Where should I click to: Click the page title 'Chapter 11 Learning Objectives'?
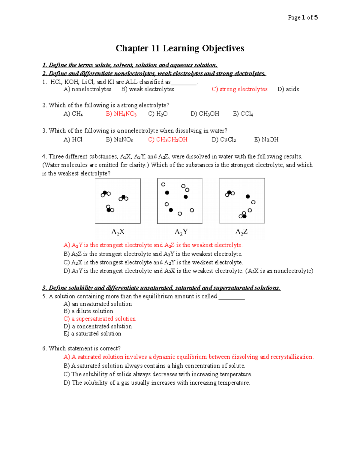point(180,48)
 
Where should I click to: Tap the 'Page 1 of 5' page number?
point(302,17)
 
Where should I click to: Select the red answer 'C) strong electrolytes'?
point(239,89)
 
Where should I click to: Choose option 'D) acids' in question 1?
point(288,89)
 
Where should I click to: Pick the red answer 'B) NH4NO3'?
point(121,114)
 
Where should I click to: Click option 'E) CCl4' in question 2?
point(243,114)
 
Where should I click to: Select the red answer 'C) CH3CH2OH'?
point(168,140)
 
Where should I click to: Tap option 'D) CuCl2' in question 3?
point(223,140)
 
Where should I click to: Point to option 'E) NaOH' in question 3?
point(266,140)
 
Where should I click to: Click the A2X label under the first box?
point(118,232)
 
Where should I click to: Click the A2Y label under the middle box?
point(181,232)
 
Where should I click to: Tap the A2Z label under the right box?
point(241,232)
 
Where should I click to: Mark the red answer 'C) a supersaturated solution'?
point(100,319)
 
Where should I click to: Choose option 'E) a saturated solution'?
point(92,334)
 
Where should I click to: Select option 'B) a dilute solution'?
point(88,311)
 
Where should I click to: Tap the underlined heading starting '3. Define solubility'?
point(161,288)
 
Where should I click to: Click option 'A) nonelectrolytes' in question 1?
point(87,89)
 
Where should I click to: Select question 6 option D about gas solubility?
point(157,383)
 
